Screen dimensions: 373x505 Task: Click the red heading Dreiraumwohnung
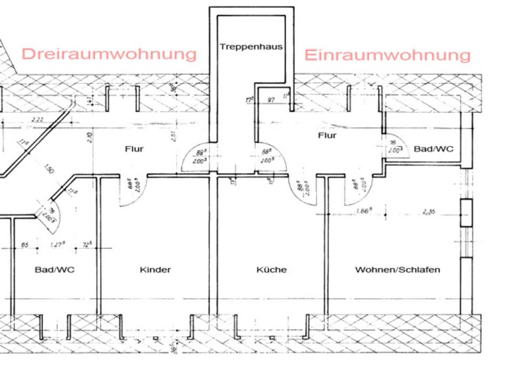[x=109, y=54]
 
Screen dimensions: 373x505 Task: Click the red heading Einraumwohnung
[x=387, y=55]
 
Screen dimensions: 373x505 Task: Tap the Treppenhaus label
[x=251, y=46]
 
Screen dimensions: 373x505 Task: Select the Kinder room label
[x=155, y=270]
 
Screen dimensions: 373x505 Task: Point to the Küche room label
[x=271, y=270]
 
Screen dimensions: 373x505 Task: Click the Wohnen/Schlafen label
[x=397, y=270]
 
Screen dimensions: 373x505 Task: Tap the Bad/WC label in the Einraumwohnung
[x=433, y=149]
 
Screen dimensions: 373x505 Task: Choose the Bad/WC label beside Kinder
[x=55, y=270]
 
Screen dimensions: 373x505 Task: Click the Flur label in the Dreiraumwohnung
[x=134, y=149]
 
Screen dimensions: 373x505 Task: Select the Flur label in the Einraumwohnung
[x=327, y=136]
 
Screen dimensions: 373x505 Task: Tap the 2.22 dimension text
[x=37, y=119]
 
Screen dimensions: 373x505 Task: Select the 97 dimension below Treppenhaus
[x=271, y=100]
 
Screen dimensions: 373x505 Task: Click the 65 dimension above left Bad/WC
[x=24, y=245]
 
